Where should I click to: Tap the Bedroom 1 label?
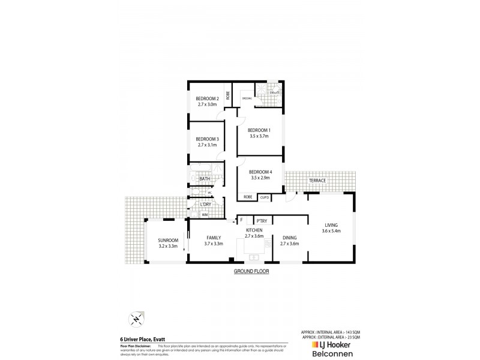click(260, 130)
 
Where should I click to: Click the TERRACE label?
click(317, 180)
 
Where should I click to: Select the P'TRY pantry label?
click(261, 220)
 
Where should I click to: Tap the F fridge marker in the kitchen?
click(241, 220)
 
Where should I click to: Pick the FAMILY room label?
click(214, 237)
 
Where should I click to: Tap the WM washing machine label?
click(205, 214)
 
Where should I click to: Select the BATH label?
click(204, 179)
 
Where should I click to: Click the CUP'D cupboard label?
click(264, 197)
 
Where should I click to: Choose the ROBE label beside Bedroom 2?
click(228, 95)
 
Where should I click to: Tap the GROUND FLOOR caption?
click(251, 272)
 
